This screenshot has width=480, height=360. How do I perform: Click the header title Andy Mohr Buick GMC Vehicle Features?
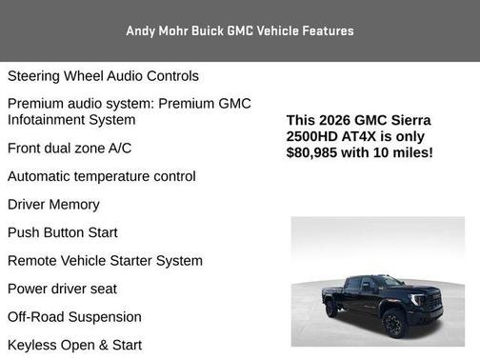(x=239, y=30)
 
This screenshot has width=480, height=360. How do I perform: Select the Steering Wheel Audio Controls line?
(x=103, y=75)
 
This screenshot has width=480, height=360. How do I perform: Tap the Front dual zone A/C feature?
(x=70, y=148)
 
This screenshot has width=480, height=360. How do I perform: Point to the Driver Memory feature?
(x=53, y=204)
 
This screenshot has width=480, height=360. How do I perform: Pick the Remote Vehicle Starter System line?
(x=105, y=260)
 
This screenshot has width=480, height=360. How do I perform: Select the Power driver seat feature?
(x=62, y=289)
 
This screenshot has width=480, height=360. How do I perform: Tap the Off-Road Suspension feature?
(x=74, y=316)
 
